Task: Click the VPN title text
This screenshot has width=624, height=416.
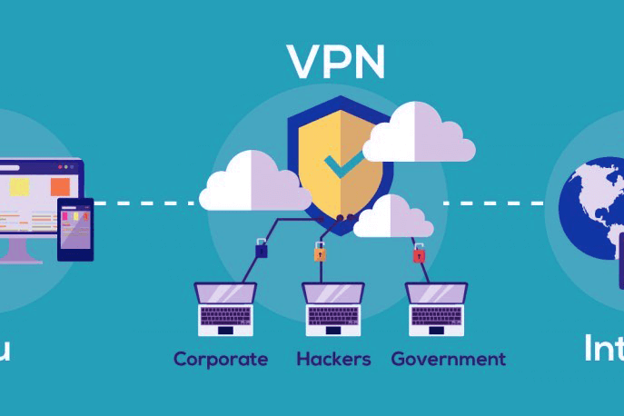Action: (x=336, y=61)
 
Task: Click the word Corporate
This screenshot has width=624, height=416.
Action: (x=221, y=359)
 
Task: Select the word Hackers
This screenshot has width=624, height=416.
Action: (x=333, y=359)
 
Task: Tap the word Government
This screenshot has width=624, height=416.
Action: (x=448, y=359)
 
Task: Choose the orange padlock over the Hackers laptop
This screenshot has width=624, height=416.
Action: (x=320, y=253)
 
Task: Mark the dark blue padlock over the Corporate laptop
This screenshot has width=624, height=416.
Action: (x=262, y=248)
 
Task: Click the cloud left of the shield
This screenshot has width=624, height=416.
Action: (x=250, y=182)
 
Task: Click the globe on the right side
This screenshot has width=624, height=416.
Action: (x=590, y=209)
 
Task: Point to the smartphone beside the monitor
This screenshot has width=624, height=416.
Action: (x=75, y=229)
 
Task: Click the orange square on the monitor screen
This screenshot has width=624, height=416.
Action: (x=61, y=186)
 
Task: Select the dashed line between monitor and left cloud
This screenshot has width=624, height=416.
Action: (x=145, y=203)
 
